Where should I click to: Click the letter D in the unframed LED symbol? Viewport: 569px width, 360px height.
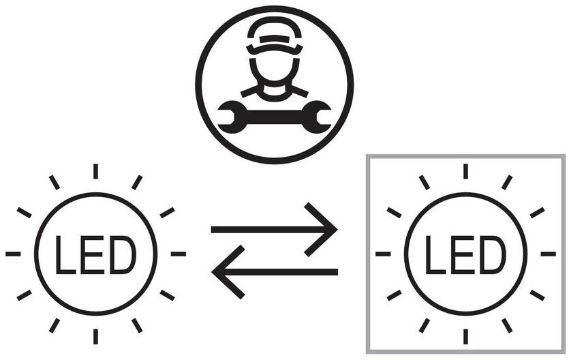[123, 254]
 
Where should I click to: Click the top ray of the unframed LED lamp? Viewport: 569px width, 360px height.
[95, 171]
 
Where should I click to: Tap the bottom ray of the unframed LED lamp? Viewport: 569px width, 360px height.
[95, 336]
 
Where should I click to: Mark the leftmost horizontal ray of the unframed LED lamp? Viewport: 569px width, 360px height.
[13, 254]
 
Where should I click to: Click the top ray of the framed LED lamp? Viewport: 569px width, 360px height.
[465, 171]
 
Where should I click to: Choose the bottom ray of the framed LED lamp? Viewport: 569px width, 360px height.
[465, 336]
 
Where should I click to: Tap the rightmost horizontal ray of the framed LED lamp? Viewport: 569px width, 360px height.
[548, 254]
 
